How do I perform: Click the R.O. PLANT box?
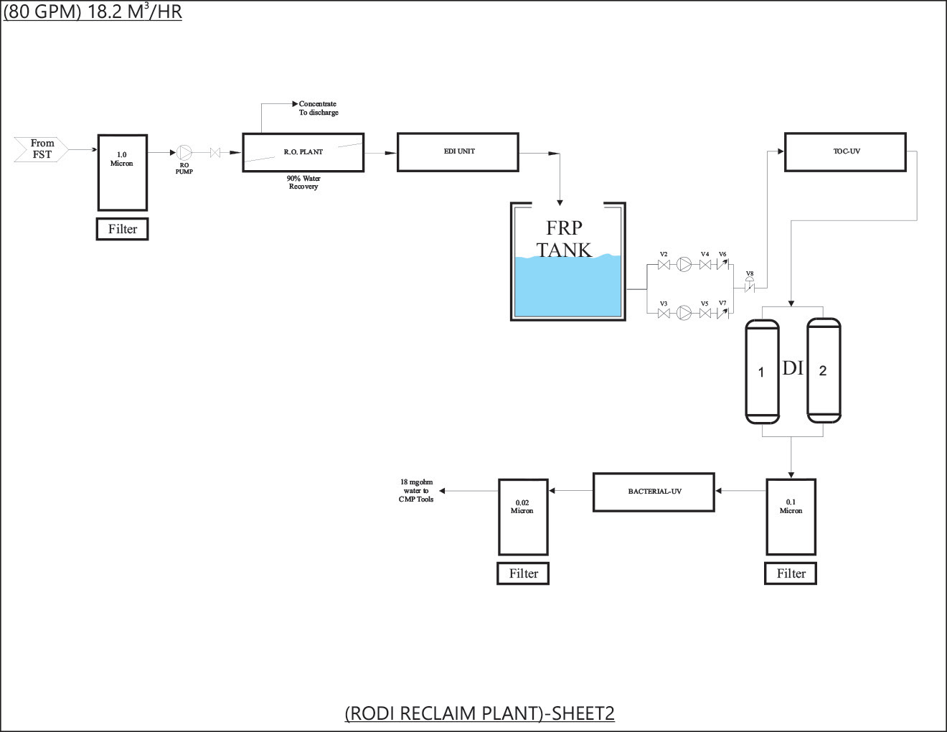click(303, 152)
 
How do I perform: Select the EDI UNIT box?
click(458, 152)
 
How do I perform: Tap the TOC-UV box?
click(845, 152)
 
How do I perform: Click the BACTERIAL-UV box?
click(654, 492)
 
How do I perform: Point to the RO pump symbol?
click(184, 152)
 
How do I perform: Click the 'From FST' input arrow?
click(42, 149)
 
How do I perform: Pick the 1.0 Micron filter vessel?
click(122, 172)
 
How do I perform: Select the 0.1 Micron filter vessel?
click(791, 517)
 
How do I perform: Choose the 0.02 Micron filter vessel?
click(523, 517)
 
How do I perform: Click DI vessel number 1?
click(762, 372)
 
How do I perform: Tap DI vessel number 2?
click(824, 371)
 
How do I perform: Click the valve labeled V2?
click(664, 266)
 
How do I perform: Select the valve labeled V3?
click(664, 313)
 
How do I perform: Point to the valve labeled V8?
click(750, 287)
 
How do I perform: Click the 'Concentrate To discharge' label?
click(319, 108)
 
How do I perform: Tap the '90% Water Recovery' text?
click(303, 182)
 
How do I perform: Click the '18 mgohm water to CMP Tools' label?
click(416, 491)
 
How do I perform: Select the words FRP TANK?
click(564, 239)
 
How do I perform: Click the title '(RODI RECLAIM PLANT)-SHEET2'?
click(479, 713)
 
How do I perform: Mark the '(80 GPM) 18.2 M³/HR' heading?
click(93, 12)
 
